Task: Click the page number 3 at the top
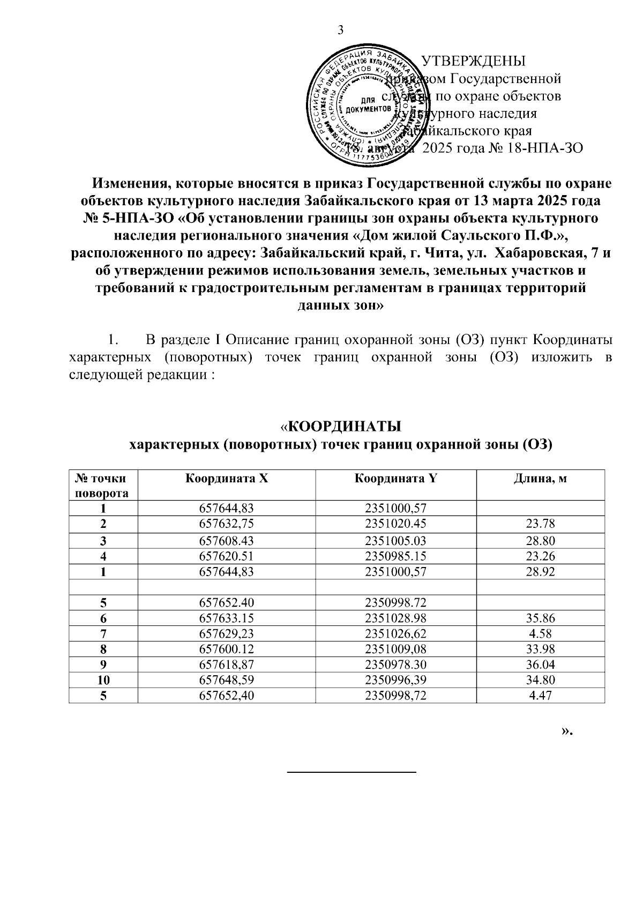coord(340,30)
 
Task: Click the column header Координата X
coord(226,479)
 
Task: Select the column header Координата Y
coord(395,479)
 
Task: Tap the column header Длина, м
coord(540,479)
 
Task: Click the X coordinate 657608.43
coord(226,541)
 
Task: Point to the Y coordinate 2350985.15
coord(395,556)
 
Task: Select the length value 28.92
coord(540,572)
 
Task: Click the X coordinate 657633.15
coord(226,618)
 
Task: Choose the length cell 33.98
coord(540,650)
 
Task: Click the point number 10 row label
coord(103,681)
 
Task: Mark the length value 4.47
coord(540,696)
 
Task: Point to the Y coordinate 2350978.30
coord(395,665)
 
